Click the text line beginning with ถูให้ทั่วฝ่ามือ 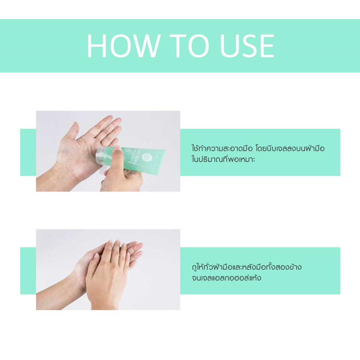[246, 266]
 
